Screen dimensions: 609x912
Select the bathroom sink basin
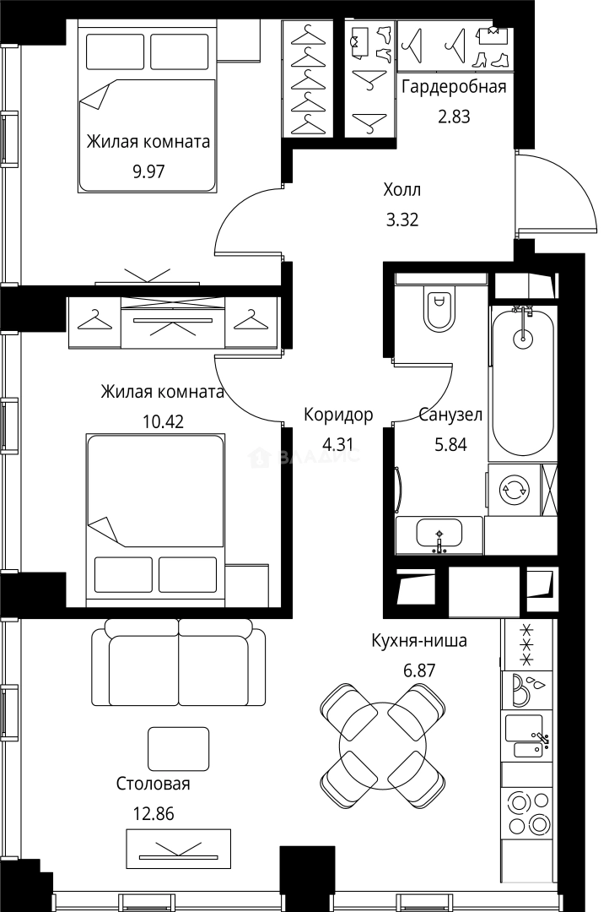pyautogui.click(x=439, y=533)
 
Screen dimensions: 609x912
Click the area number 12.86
pyautogui.click(x=154, y=813)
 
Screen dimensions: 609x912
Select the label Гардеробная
pyautogui.click(x=454, y=87)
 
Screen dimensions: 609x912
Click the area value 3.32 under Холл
pyautogui.click(x=402, y=220)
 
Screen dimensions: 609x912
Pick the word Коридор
pyautogui.click(x=338, y=415)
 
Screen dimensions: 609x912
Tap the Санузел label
pyautogui.click(x=450, y=415)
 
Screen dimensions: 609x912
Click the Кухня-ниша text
pyautogui.click(x=419, y=641)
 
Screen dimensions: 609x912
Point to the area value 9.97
pyautogui.click(x=148, y=171)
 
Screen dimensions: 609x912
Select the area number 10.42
pyautogui.click(x=164, y=421)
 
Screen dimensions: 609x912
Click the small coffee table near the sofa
pyautogui.click(x=179, y=748)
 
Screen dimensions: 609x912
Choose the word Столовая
pyautogui.click(x=154, y=784)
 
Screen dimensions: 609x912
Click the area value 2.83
pyautogui.click(x=454, y=117)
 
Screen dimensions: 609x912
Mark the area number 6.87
pyautogui.click(x=419, y=670)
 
